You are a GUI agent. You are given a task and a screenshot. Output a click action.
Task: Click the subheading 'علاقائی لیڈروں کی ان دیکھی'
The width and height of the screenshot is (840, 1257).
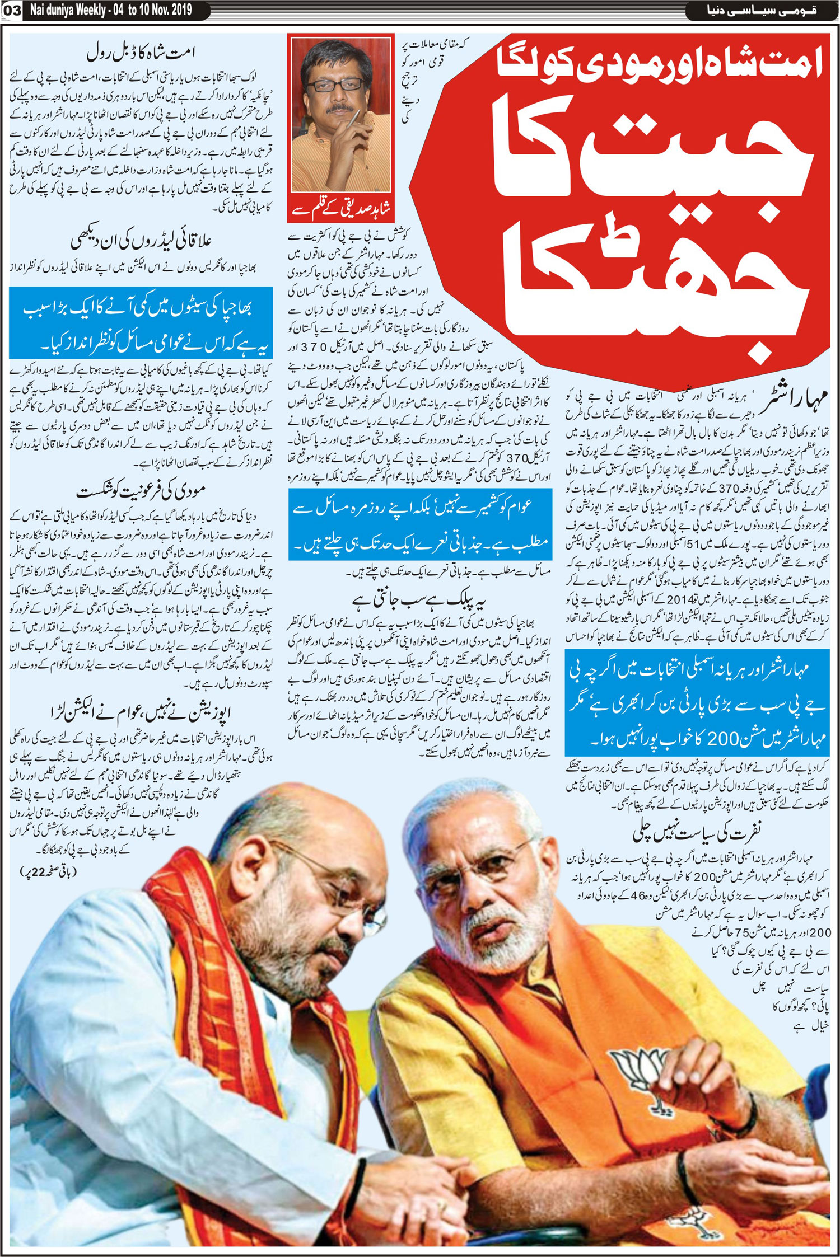click(142, 241)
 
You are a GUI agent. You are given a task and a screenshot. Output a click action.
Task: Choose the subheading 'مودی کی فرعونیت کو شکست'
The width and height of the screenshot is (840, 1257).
click(142, 492)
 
